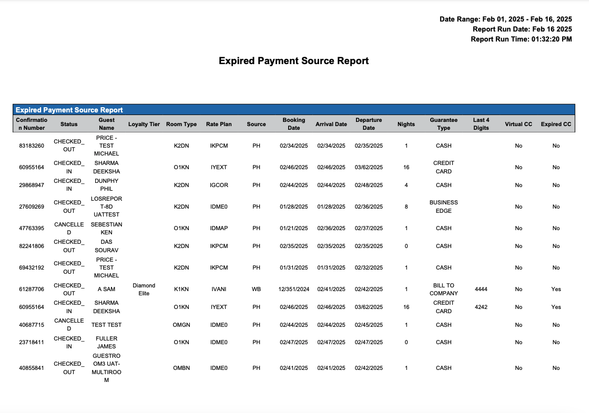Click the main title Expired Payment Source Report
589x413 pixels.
pos(293,61)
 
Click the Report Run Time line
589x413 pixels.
pos(521,39)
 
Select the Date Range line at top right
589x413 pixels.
pos(505,19)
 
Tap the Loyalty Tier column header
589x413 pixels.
pos(144,125)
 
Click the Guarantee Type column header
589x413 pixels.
pos(443,124)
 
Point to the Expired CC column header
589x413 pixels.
pos(556,125)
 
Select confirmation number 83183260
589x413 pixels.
pos(32,146)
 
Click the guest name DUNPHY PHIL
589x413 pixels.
pos(107,185)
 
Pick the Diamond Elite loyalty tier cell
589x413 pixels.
pos(144,289)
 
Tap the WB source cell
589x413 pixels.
pos(256,289)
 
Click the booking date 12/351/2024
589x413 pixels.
pos(293,289)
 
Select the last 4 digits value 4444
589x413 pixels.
pos(481,289)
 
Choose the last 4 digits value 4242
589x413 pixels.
pos(481,307)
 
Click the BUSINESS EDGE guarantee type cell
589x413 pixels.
pos(443,206)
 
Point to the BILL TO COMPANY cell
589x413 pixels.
pos(443,289)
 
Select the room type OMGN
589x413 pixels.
pos(181,325)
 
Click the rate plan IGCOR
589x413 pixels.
pos(219,185)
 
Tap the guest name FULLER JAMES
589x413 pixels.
pos(107,342)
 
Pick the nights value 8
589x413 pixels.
pos(406,206)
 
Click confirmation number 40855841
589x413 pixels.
pos(32,368)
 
